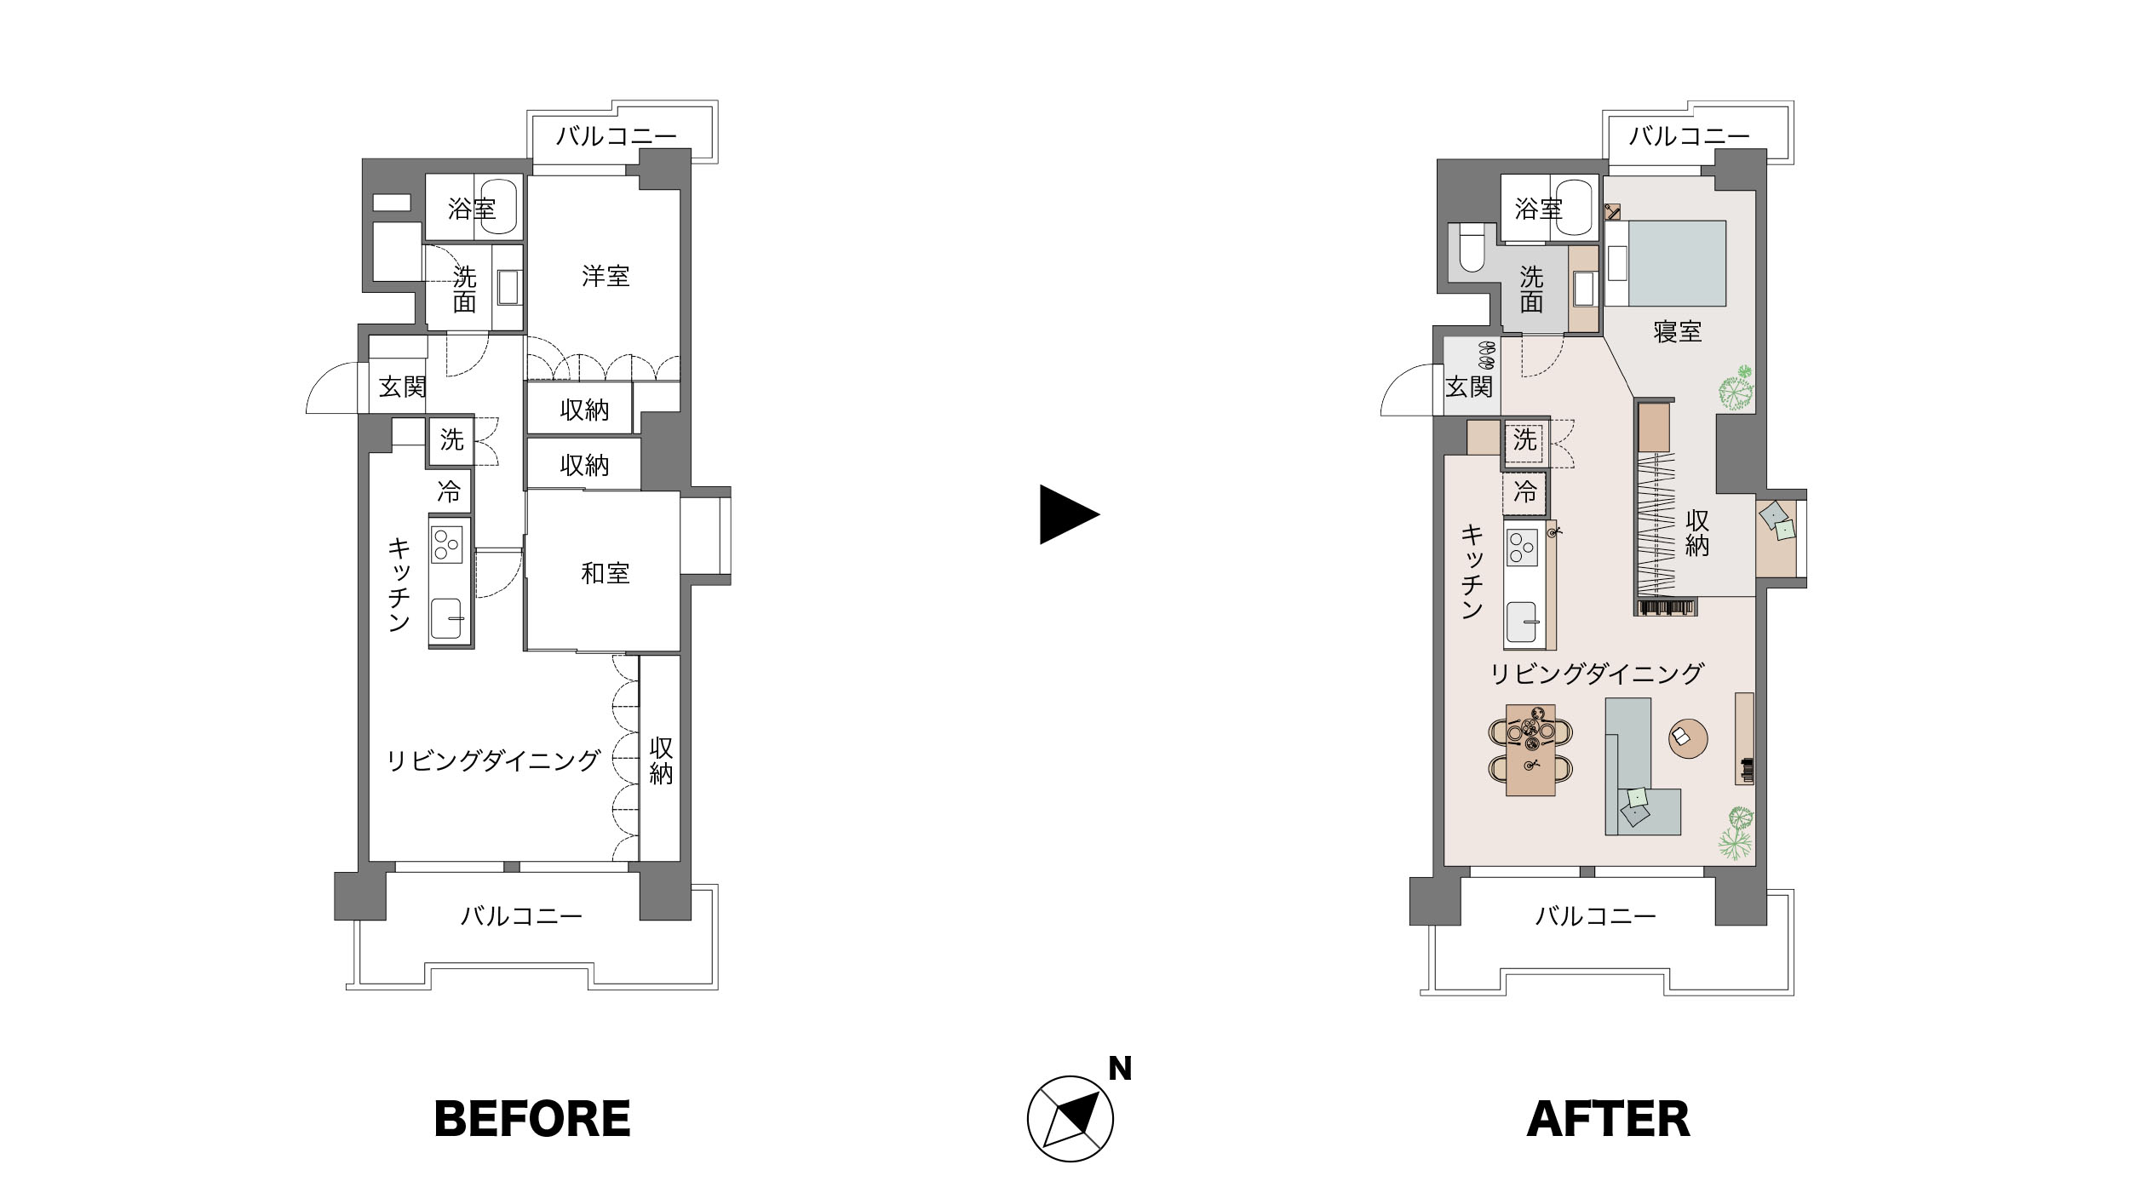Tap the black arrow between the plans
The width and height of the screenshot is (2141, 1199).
pos(1070,514)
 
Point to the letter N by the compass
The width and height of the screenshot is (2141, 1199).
pos(1120,1069)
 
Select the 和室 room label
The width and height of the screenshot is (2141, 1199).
pos(606,573)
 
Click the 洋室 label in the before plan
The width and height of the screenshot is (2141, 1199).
pos(606,276)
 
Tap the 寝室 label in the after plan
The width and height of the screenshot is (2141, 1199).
pos(1677,331)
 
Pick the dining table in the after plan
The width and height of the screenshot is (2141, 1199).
pos(1530,750)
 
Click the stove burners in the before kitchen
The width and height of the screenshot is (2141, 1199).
pos(447,543)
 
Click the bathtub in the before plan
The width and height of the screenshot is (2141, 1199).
pos(498,208)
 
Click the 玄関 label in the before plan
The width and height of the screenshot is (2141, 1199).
pos(402,387)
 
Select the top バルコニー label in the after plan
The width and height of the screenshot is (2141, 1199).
pos(1690,136)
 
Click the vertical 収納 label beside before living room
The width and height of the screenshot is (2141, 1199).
pos(661,760)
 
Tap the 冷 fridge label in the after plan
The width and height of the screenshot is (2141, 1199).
pos(1524,492)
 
